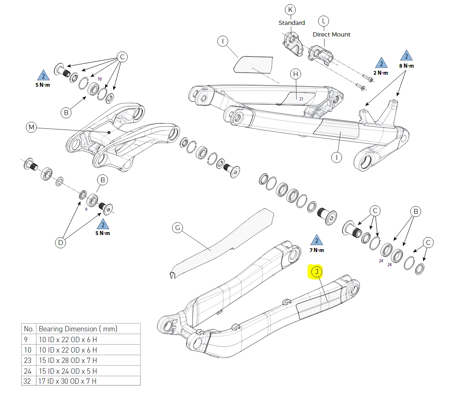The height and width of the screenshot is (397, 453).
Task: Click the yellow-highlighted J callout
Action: click(317, 272)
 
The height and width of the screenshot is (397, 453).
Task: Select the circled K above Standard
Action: click(290, 10)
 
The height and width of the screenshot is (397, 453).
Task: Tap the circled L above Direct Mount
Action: click(323, 21)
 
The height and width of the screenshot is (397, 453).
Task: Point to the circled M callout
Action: click(32, 127)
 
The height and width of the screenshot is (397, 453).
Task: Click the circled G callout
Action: click(177, 228)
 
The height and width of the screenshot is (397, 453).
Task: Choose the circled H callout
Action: click(295, 74)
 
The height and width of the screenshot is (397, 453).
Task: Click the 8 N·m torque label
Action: click(406, 66)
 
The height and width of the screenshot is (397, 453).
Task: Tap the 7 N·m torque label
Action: click(317, 250)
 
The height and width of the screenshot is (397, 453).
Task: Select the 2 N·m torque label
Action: click(381, 73)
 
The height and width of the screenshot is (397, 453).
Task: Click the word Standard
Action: click(292, 23)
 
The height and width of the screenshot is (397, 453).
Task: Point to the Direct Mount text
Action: click(332, 34)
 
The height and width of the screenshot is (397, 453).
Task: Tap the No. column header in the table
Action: click(29, 329)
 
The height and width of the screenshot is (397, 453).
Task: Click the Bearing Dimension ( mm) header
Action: click(78, 329)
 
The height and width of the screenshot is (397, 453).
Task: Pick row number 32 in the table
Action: click(27, 381)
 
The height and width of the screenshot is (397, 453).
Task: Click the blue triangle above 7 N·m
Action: click(317, 240)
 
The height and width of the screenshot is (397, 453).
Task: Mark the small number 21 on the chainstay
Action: click(301, 98)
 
